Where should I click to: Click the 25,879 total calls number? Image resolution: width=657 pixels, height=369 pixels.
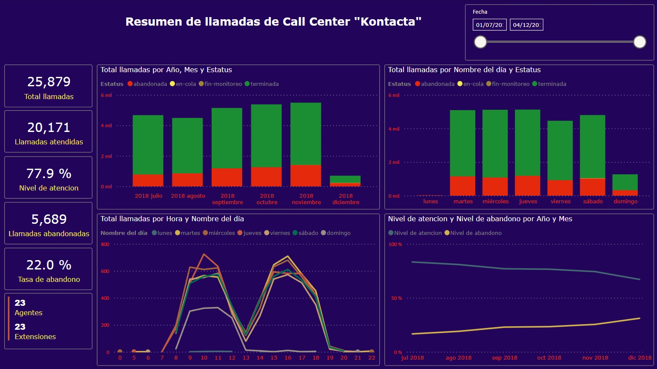tap(49, 82)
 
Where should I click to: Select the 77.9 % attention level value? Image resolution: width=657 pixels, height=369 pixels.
tap(49, 173)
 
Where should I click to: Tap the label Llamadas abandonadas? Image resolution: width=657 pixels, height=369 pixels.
tap(49, 234)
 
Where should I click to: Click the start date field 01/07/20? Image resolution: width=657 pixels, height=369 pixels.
tap(489, 25)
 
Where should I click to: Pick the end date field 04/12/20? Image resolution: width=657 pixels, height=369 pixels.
tap(526, 25)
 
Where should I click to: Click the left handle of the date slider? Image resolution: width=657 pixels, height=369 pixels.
tap(480, 42)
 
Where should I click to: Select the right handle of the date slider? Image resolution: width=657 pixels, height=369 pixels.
tap(640, 42)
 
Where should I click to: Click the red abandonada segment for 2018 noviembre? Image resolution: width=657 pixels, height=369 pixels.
tap(306, 176)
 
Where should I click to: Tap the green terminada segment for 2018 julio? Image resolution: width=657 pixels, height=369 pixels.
tap(148, 144)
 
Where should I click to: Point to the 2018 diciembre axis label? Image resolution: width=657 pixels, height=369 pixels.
tap(346, 199)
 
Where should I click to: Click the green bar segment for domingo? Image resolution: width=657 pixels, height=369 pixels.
tap(625, 182)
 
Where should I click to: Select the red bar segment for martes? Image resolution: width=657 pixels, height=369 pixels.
tap(462, 186)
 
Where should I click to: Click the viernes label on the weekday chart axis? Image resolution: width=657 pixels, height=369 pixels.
tap(561, 201)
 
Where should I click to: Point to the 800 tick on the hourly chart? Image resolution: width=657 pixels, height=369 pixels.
tap(105, 244)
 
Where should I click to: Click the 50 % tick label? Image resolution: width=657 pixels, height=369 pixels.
tap(396, 298)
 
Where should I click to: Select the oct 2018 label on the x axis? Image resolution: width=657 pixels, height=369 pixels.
tap(549, 358)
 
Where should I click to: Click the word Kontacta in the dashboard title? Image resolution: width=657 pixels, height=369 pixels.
tap(390, 22)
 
